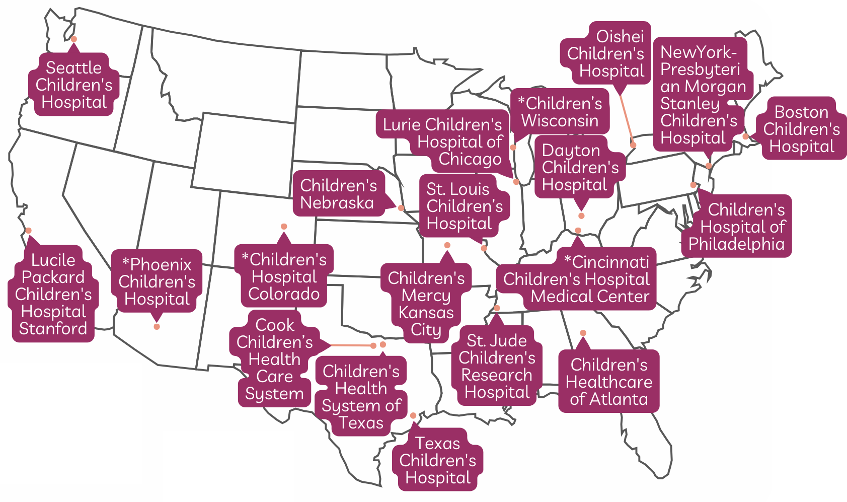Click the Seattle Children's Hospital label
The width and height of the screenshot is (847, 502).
[74, 85]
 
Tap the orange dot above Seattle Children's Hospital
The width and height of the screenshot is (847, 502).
[74, 39]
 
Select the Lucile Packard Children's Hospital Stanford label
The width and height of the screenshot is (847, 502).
[53, 294]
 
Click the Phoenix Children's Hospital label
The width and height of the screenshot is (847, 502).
[157, 281]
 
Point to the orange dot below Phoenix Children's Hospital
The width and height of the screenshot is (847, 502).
[157, 327]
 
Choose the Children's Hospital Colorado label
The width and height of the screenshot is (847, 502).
[284, 276]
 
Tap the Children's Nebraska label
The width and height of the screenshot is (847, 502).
[338, 194]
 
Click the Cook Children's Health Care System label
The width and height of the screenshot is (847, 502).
[274, 359]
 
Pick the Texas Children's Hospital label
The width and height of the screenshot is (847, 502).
[437, 460]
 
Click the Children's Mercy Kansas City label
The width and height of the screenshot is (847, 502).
[426, 304]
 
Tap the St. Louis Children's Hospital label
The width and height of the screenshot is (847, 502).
[464, 206]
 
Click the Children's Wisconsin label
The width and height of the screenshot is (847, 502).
[560, 112]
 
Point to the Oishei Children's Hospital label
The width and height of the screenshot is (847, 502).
[606, 53]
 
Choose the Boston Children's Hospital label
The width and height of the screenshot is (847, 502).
[801, 129]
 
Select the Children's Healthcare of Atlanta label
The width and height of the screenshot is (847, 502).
[608, 382]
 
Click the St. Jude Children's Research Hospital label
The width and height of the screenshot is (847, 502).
[496, 366]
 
